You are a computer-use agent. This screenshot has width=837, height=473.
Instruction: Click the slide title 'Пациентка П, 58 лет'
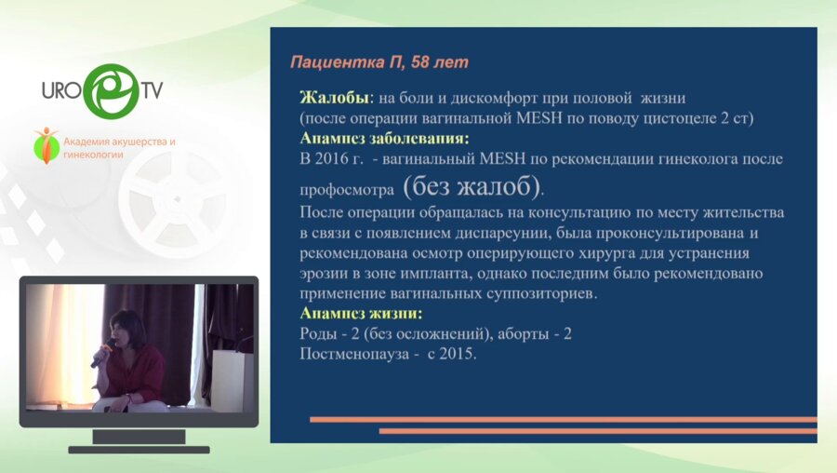click(379, 62)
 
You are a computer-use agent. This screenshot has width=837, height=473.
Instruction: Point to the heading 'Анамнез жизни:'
click(361, 313)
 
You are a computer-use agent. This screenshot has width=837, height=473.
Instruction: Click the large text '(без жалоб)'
click(472, 186)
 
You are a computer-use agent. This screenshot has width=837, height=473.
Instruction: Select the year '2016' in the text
click(333, 159)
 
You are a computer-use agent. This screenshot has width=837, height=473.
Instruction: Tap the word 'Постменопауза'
click(353, 355)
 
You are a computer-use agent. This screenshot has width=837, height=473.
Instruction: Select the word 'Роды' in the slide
click(317, 334)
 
